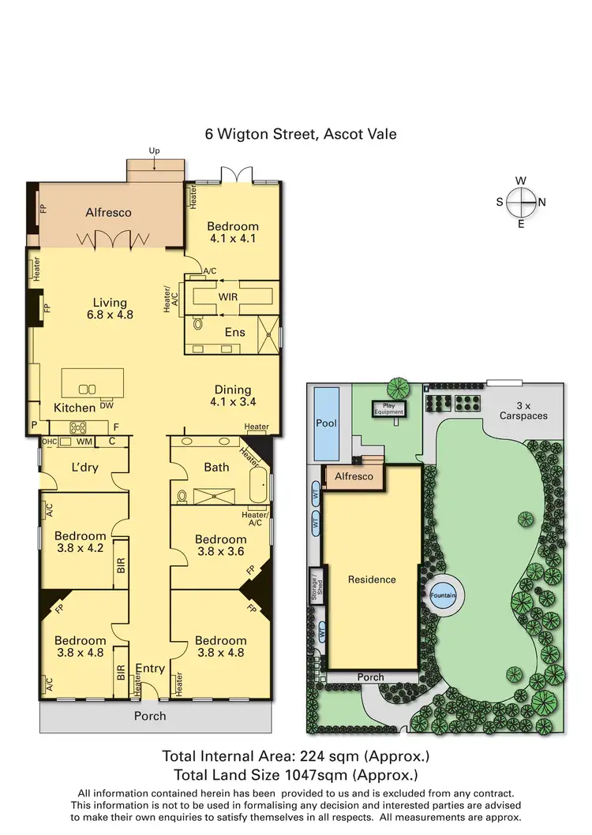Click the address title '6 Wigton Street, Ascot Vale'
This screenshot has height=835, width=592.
pos(301,134)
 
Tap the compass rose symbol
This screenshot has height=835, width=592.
pos(521,203)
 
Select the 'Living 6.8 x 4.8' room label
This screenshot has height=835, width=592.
pos(109,308)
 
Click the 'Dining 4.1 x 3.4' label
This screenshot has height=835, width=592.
pos(233,395)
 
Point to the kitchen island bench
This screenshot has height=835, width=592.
pos(93,384)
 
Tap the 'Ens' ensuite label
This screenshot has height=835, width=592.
pos(235,332)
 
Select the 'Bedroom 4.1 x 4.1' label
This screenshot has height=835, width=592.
pos(234,232)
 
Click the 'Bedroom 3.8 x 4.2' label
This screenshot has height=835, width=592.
pos(80,542)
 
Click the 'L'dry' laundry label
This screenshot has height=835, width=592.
pos(84,468)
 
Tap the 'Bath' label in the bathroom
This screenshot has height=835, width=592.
pos(216,467)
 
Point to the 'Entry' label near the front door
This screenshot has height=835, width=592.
pos(150,669)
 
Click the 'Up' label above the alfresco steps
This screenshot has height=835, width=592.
pos(155,150)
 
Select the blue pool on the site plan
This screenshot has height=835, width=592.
pos(326,423)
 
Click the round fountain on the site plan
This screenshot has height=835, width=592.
pos(443,595)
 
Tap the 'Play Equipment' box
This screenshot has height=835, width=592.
pos(388,408)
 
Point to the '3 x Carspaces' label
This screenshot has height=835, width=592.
pos(524,409)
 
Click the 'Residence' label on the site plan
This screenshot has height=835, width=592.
pos(372,580)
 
